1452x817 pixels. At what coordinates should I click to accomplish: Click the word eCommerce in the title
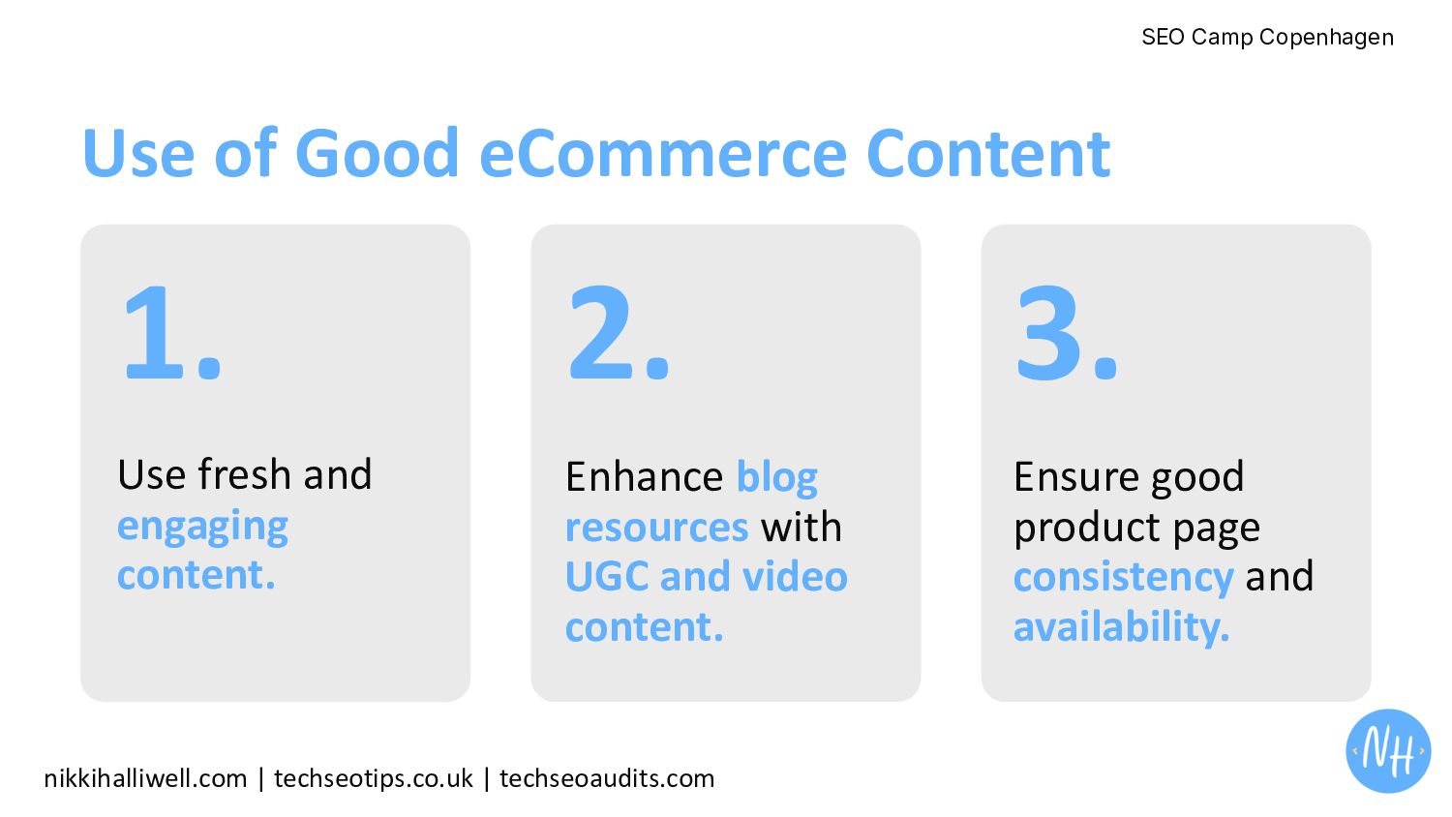point(663,154)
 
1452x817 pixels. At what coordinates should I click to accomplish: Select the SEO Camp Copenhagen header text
point(1267,37)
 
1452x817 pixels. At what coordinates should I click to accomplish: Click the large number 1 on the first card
point(154,332)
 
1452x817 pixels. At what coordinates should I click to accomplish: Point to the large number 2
point(599,332)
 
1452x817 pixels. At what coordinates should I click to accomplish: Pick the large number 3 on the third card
point(1048,332)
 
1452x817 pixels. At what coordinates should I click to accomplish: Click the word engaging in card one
point(202,527)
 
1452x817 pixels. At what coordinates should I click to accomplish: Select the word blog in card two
point(777,478)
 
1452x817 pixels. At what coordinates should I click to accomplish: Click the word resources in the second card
point(656,528)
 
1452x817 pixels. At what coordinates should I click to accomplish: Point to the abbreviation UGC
point(607,576)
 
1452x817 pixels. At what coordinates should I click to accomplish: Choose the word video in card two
point(795,576)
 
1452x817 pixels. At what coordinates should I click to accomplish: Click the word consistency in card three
point(1123,578)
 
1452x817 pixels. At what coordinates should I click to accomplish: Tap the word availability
point(1121,626)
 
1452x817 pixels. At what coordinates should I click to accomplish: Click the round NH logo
point(1388,750)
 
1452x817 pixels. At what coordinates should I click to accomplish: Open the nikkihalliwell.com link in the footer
point(145,778)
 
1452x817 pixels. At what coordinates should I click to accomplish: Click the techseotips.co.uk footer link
point(374,778)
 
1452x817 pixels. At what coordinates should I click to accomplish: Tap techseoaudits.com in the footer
point(607,778)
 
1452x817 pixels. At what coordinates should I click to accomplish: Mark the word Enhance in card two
point(644,477)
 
